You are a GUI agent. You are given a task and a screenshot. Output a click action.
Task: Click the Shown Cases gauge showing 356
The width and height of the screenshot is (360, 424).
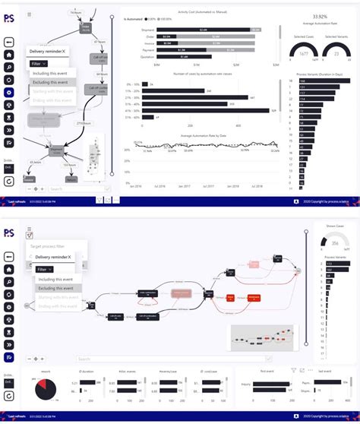[335, 242]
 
